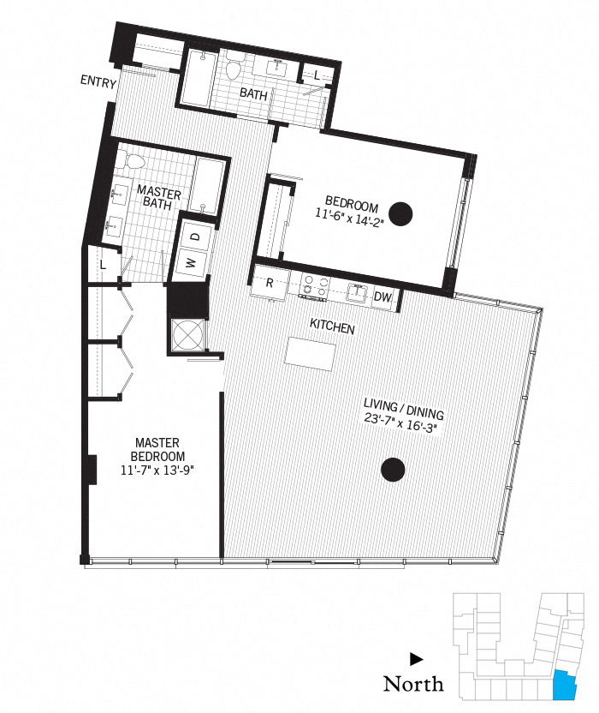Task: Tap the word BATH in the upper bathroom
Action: click(x=253, y=93)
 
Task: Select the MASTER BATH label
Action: click(x=158, y=199)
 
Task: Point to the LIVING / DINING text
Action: click(x=403, y=406)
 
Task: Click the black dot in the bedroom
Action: click(x=400, y=212)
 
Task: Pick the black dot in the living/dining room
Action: click(x=392, y=469)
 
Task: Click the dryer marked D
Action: click(x=194, y=236)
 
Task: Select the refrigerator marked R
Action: click(x=269, y=283)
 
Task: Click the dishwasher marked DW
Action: click(x=383, y=297)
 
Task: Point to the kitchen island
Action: click(x=309, y=353)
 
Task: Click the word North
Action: click(x=413, y=683)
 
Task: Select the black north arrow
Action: click(x=416, y=659)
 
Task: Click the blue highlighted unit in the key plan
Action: click(x=564, y=686)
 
